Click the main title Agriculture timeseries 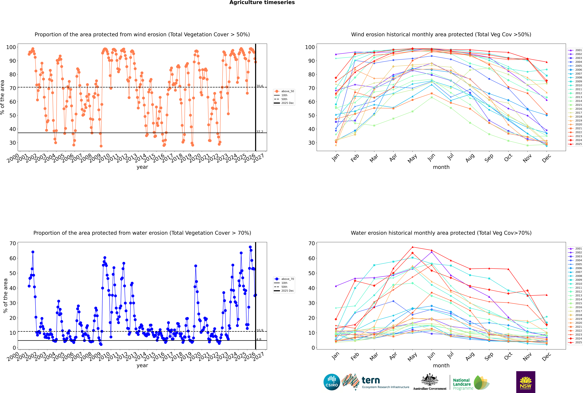262,2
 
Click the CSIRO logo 332,382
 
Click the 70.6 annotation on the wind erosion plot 260,86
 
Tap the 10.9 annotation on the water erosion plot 260,330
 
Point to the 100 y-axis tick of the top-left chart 11,47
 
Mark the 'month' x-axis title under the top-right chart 441,167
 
